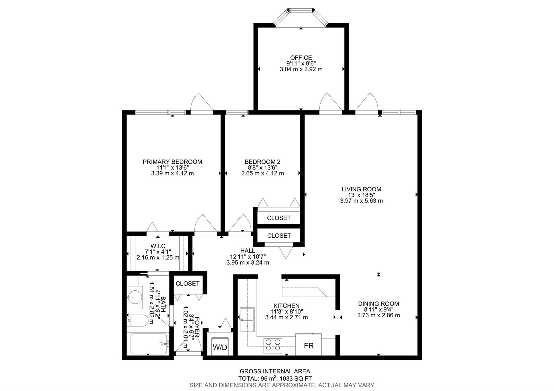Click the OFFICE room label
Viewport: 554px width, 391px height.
pos(301,57)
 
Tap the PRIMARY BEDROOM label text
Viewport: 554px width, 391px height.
pos(172,162)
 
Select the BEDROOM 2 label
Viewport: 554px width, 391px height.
pos(262,162)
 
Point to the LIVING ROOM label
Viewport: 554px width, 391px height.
pos(361,189)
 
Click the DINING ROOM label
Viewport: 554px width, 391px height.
pos(378,304)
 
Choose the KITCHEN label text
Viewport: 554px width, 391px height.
pos(286,306)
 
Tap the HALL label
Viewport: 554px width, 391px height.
pos(248,251)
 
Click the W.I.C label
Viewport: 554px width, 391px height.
pos(158,246)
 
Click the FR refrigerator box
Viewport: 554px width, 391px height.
pos(309,345)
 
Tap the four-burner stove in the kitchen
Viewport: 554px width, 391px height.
pos(273,345)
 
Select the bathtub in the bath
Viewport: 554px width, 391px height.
pos(149,344)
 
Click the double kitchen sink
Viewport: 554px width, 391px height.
pos(247,320)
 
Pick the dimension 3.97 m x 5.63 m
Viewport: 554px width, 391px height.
pos(361,201)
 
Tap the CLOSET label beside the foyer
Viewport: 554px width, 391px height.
pos(187,283)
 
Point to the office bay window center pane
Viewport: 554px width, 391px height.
pos(301,11)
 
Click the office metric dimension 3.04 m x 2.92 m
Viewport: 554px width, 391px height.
pos(301,69)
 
